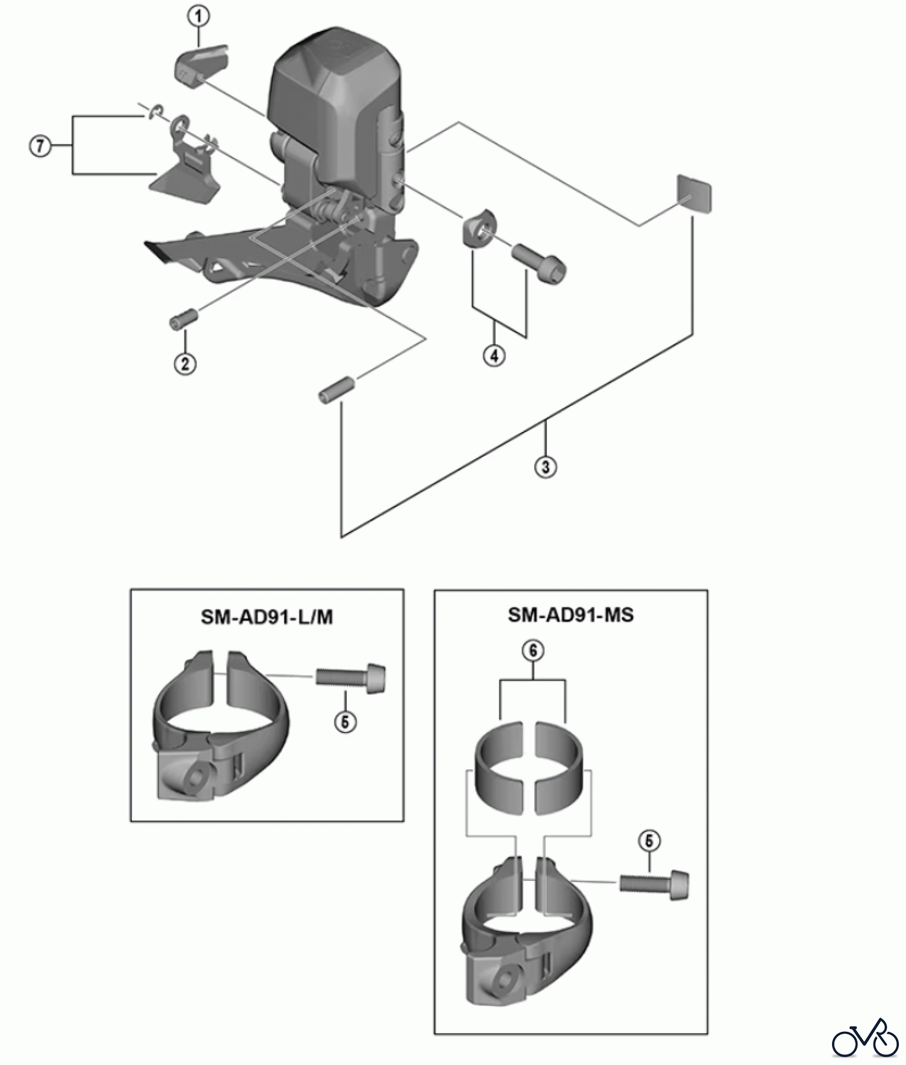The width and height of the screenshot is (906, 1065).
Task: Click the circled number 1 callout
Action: pyautogui.click(x=198, y=17)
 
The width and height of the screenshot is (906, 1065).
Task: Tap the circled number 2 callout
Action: pyautogui.click(x=185, y=363)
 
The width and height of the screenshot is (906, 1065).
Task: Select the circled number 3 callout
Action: pyautogui.click(x=545, y=467)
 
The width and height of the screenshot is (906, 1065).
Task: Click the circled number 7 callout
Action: pyautogui.click(x=40, y=146)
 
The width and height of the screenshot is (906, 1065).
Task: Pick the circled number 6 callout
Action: pyautogui.click(x=533, y=651)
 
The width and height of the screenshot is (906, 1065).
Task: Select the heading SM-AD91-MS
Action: pyautogui.click(x=570, y=615)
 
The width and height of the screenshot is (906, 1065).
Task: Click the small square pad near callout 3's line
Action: pyautogui.click(x=694, y=193)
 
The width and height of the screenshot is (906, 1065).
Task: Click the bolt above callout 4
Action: pyautogui.click(x=539, y=260)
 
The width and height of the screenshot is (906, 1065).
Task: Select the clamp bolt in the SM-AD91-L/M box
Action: pyautogui.click(x=351, y=678)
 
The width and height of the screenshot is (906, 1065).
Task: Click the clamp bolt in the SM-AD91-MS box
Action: pyautogui.click(x=655, y=885)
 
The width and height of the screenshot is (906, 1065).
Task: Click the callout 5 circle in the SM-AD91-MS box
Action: pyautogui.click(x=649, y=841)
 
